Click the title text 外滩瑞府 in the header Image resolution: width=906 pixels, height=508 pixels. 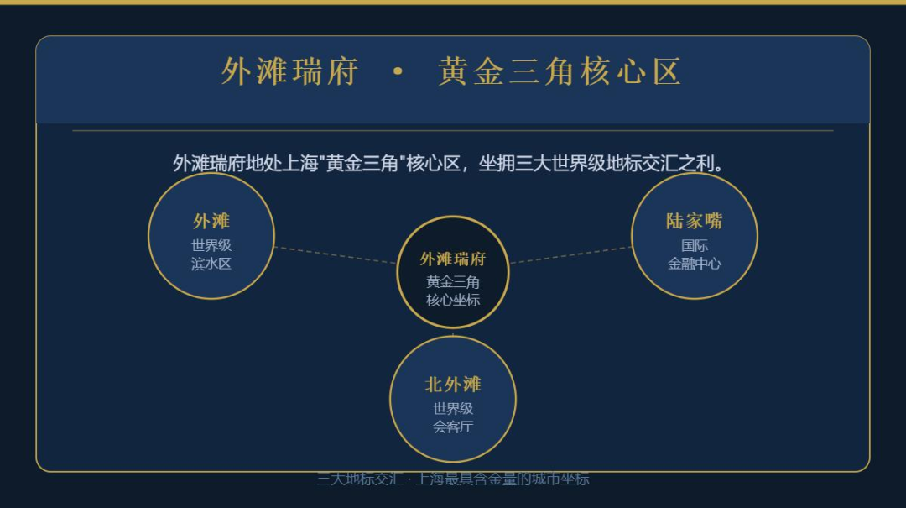289,72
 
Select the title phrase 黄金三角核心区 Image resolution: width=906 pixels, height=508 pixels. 560,72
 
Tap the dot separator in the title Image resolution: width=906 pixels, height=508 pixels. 398,72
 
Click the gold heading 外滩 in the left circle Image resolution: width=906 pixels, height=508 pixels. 211,221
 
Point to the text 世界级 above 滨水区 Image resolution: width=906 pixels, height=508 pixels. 211,245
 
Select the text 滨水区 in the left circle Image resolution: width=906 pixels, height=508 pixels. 211,263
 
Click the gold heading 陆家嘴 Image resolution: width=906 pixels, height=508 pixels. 694,221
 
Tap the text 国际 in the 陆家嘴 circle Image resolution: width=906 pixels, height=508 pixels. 694,245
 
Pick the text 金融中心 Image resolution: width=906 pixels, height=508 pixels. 694,263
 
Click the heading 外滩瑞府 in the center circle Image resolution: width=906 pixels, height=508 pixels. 452,259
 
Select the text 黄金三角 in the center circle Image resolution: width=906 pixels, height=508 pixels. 452,282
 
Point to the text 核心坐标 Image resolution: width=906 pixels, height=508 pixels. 452,300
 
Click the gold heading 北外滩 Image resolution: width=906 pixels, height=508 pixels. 452,385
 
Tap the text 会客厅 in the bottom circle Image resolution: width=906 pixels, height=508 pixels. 452,427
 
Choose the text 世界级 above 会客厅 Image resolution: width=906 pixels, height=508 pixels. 452,409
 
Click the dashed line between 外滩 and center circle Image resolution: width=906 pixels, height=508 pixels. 336,255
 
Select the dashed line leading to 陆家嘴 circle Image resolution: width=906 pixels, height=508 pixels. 570,254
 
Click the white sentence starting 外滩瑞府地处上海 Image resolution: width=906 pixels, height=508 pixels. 449,163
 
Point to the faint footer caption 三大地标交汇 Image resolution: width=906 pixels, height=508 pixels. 452,479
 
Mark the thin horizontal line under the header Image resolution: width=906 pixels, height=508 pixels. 452,131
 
